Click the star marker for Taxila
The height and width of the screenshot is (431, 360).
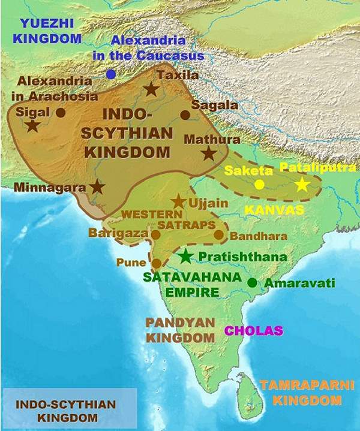151,90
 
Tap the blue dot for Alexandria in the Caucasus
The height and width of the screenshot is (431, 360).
111,74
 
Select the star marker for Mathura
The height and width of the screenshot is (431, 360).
209,153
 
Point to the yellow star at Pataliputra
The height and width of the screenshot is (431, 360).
302,185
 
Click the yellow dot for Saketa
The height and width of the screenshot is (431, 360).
259,185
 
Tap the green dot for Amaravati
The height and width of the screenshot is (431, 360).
253,282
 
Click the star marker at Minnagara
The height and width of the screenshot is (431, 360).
97,186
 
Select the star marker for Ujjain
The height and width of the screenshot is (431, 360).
178,201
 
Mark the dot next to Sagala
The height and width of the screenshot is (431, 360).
185,115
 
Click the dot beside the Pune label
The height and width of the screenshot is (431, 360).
157,263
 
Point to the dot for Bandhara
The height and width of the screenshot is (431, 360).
218,236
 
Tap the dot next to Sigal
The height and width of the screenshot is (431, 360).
61,112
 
